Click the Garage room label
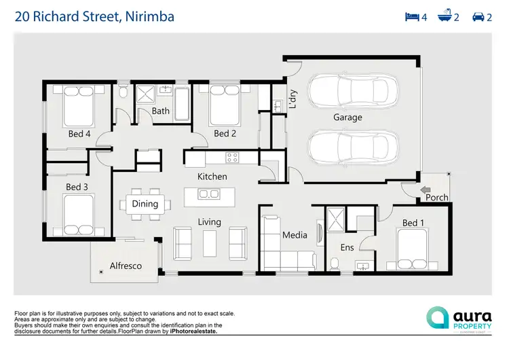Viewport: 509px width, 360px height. pyautogui.click(x=347, y=118)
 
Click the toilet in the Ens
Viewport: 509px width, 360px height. pyautogui.click(x=335, y=263)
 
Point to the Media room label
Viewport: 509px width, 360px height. pyautogui.click(x=295, y=236)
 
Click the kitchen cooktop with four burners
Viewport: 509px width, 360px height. pyautogui.click(x=232, y=158)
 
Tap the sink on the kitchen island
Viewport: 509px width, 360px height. pyautogui.click(x=209, y=195)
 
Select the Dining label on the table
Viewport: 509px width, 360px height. pyautogui.click(x=145, y=204)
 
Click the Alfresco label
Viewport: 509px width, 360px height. pyautogui.click(x=126, y=266)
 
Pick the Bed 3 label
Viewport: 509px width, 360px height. pyautogui.click(x=77, y=187)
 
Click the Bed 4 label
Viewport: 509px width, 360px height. pyautogui.click(x=79, y=134)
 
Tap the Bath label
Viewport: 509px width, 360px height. pyautogui.click(x=161, y=111)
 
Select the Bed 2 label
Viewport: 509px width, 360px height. pyautogui.click(x=225, y=134)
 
